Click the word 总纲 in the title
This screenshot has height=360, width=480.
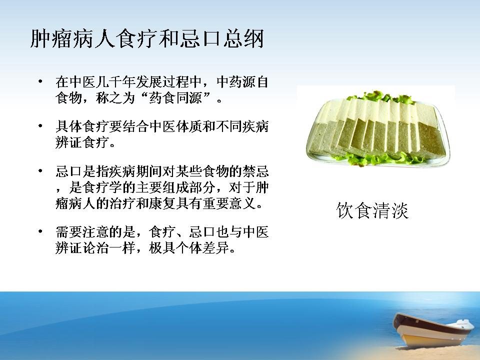pos(243,39)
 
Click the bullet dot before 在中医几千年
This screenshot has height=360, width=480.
pos(40,81)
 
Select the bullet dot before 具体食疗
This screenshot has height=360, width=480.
pos(40,126)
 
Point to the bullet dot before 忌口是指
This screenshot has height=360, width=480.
pos(40,171)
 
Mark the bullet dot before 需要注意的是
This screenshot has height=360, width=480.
pos(40,231)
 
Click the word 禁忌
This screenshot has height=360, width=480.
pos(255,171)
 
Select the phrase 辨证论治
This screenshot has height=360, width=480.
pos(81,247)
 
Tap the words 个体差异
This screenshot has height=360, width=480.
pos(202,247)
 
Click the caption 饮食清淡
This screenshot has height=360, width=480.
pos(372,210)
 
